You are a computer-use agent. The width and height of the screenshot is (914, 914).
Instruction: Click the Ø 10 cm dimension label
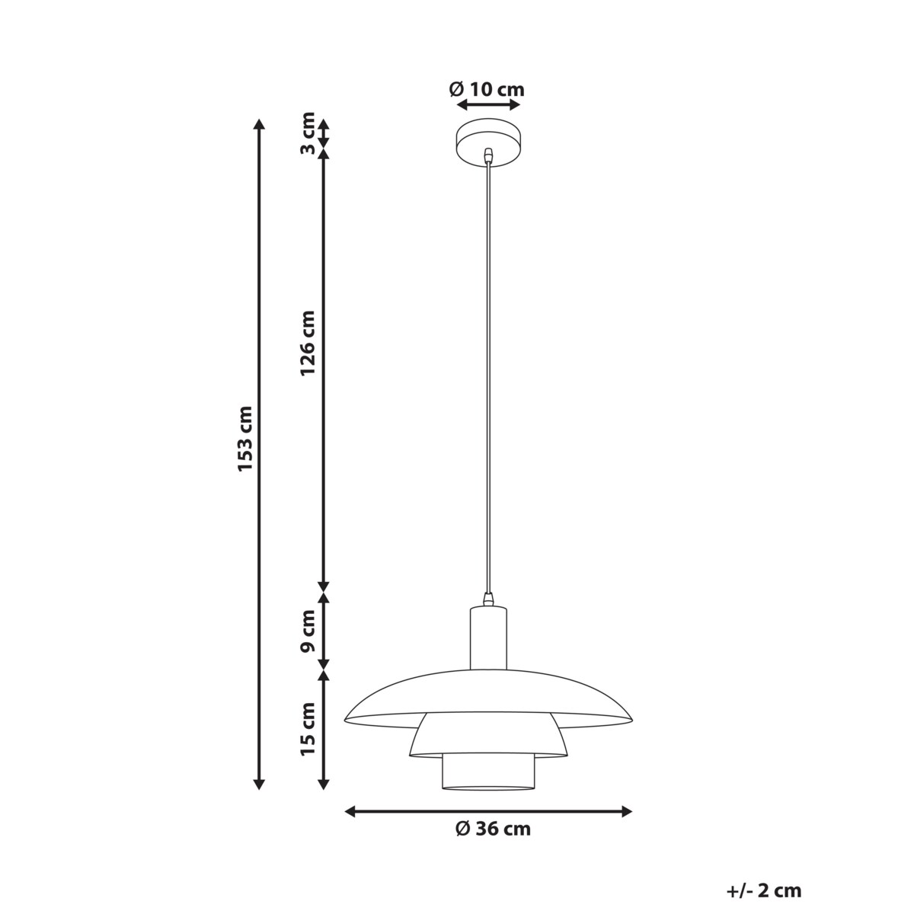coord(487,89)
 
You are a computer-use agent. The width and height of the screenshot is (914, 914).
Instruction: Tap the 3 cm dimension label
coord(307,133)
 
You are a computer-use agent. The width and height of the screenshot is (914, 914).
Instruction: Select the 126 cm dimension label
coord(307,343)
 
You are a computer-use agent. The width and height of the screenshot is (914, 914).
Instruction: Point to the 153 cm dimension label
coord(244,438)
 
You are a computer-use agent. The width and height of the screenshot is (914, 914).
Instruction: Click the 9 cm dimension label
coord(307,631)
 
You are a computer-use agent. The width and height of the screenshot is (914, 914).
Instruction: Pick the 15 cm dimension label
coord(307,729)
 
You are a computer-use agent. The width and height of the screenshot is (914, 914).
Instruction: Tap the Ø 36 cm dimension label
coord(493,829)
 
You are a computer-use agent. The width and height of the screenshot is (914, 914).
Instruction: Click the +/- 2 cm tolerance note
coord(764,890)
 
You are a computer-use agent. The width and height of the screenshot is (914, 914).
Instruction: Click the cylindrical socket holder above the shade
coord(488,638)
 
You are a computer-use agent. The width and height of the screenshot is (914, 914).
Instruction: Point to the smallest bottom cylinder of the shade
coord(488,771)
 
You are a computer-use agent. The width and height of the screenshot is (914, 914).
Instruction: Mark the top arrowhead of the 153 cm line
coord(259,123)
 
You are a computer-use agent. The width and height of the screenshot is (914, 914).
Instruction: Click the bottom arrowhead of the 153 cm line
coord(259,785)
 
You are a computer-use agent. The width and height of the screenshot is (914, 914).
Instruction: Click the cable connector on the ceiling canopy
coord(488,156)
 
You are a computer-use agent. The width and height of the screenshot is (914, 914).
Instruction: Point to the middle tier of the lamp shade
coord(488,734)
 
